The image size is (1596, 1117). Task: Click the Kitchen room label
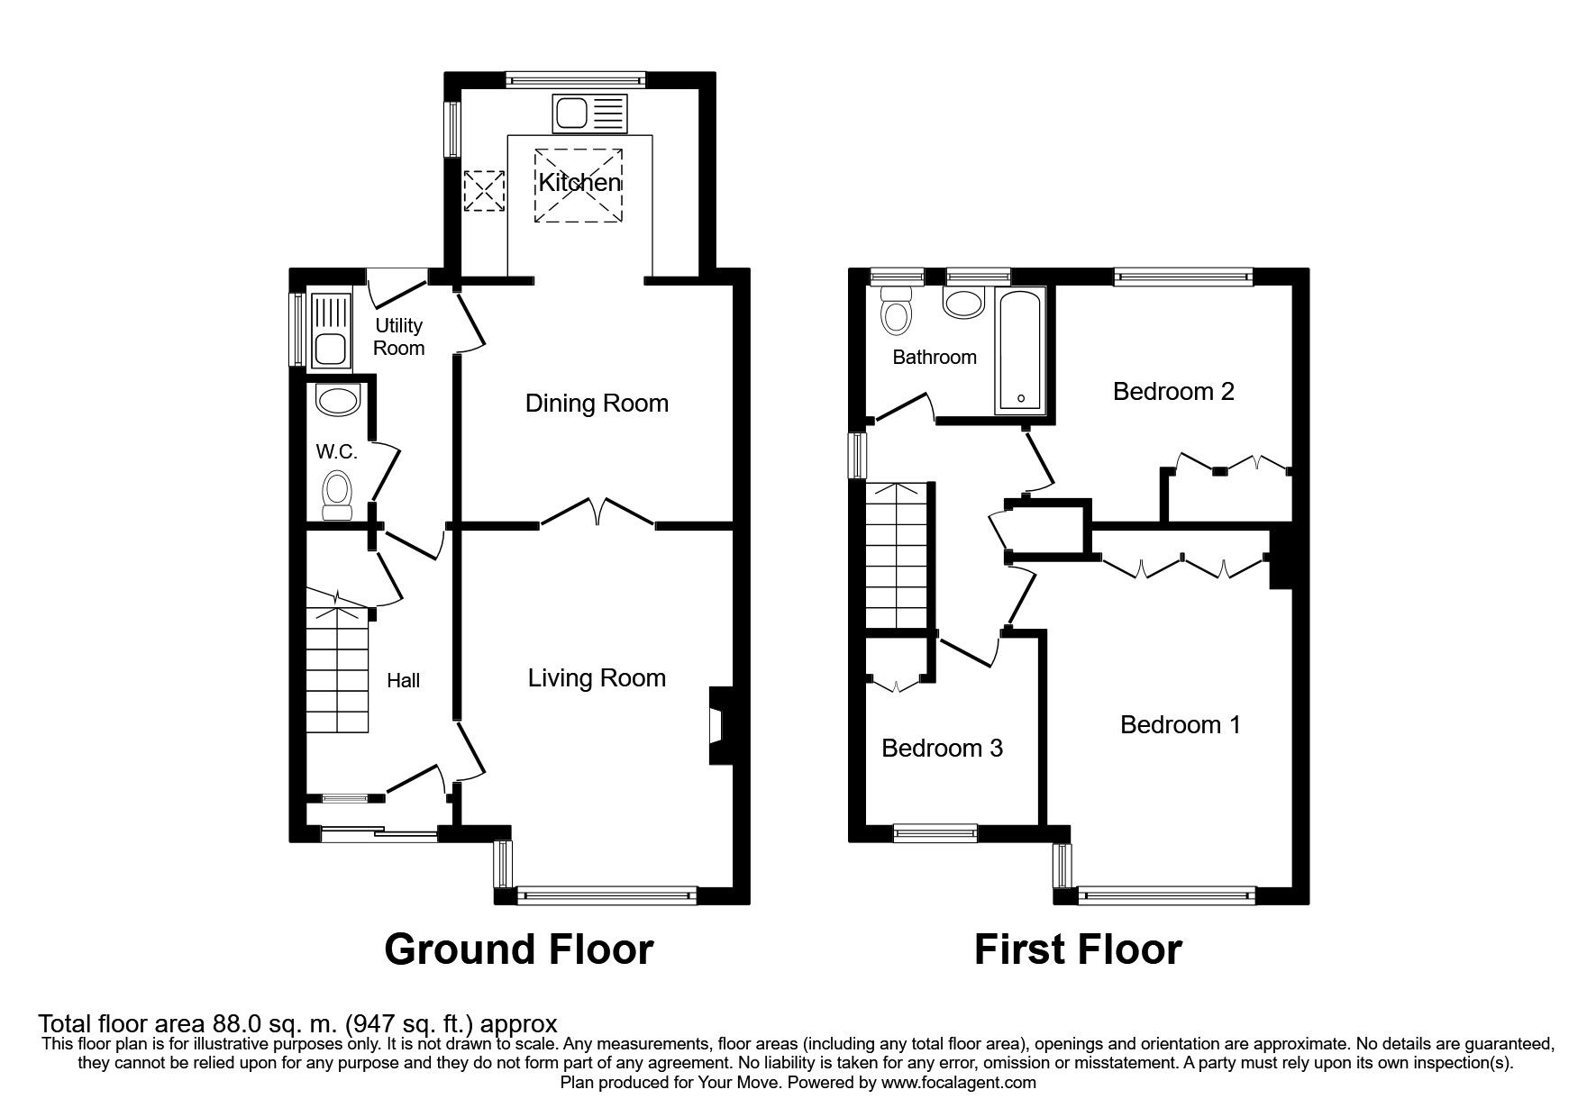click(x=579, y=183)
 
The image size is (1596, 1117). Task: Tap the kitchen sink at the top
click(x=589, y=114)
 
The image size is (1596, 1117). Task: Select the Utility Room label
click(x=398, y=336)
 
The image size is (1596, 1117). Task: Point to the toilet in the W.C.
click(x=337, y=495)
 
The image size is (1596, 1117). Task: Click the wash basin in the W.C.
click(x=338, y=401)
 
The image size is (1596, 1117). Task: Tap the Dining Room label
click(x=597, y=403)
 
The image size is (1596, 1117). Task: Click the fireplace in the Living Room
click(x=721, y=727)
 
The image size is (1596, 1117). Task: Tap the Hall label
click(x=403, y=681)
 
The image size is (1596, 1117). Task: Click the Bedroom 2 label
click(x=1172, y=392)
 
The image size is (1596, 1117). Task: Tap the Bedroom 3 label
click(x=942, y=749)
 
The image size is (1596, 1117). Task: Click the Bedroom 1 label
click(x=1180, y=725)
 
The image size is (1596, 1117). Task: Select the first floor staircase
click(x=897, y=555)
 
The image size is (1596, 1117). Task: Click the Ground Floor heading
click(x=518, y=949)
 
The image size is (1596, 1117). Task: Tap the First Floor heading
click(x=1077, y=949)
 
